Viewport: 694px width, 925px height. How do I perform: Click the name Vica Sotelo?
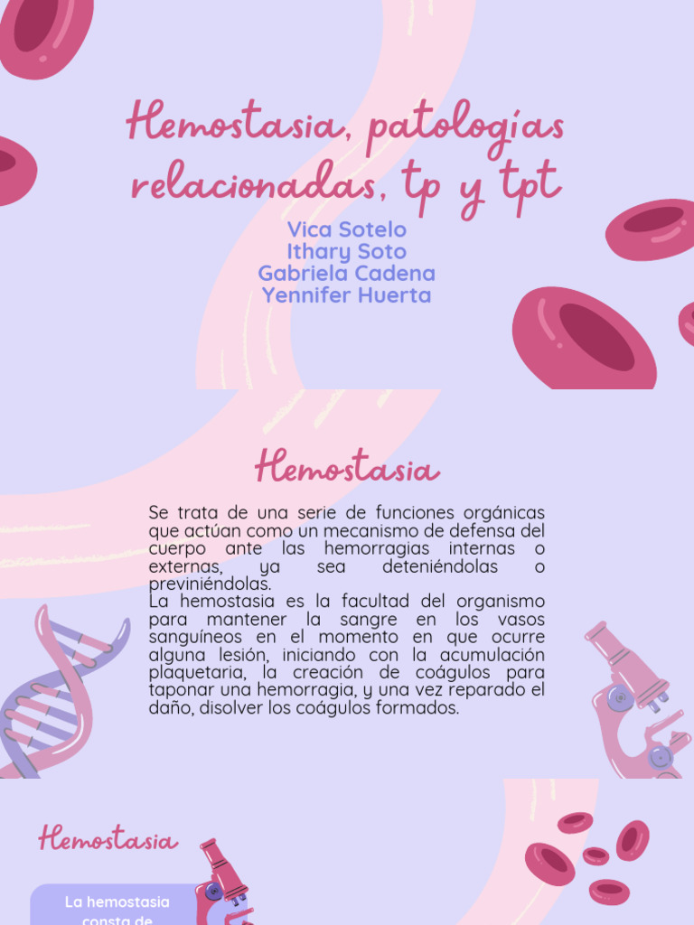coord(346,229)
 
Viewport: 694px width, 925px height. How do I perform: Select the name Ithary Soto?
coord(346,251)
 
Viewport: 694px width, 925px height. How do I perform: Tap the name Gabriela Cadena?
coord(346,273)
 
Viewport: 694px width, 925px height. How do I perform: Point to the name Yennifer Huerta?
coord(346,294)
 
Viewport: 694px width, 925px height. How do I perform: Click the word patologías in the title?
coord(466,126)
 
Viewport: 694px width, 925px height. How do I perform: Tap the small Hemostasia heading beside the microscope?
coord(108,841)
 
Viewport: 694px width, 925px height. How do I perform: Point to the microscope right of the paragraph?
coord(636,699)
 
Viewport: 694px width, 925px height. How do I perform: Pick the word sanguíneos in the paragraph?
coord(192,638)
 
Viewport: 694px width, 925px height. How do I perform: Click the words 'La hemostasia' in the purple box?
coord(117,902)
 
